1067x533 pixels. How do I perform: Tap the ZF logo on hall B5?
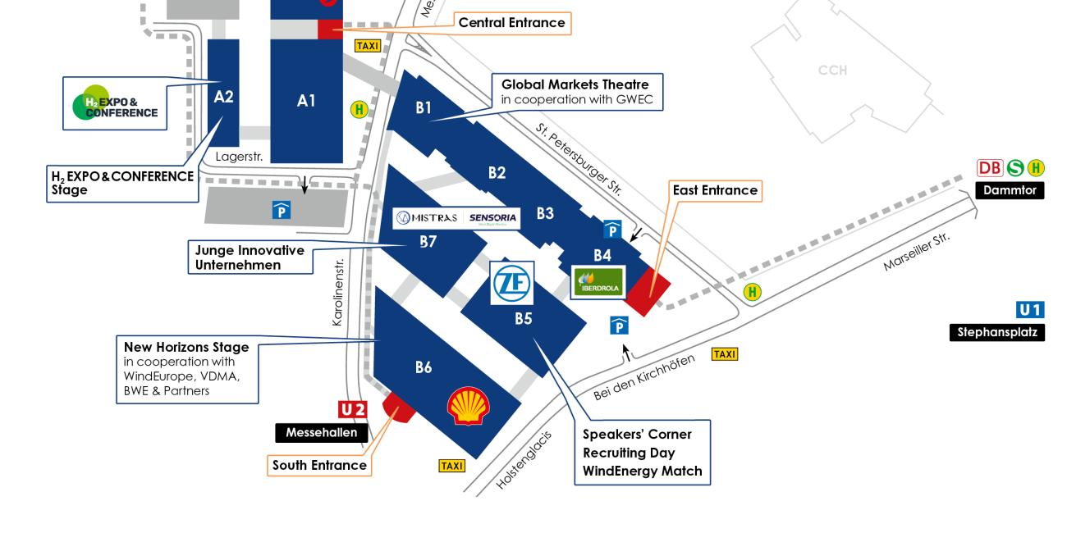click(x=512, y=284)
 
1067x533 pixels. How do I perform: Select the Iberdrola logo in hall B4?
click(x=598, y=283)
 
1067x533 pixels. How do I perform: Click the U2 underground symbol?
click(x=353, y=409)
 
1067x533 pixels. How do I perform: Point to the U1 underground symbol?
click(x=1030, y=310)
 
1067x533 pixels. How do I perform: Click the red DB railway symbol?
click(x=989, y=168)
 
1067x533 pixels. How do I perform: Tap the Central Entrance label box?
click(x=511, y=23)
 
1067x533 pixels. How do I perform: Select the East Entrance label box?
click(x=715, y=190)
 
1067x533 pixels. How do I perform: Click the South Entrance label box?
click(x=319, y=465)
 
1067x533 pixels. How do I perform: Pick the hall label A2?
click(x=223, y=97)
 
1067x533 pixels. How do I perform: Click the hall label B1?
click(x=424, y=107)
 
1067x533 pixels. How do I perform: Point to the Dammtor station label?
click(x=1010, y=190)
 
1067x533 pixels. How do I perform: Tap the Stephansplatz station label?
click(x=998, y=333)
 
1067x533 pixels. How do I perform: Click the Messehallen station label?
click(x=321, y=432)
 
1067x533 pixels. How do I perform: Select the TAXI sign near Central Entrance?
click(x=367, y=46)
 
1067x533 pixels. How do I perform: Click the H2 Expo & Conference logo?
click(x=115, y=103)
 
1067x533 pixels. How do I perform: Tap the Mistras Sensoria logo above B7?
click(x=456, y=217)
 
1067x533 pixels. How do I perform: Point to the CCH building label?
click(x=831, y=71)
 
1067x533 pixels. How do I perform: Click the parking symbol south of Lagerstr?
click(x=281, y=211)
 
